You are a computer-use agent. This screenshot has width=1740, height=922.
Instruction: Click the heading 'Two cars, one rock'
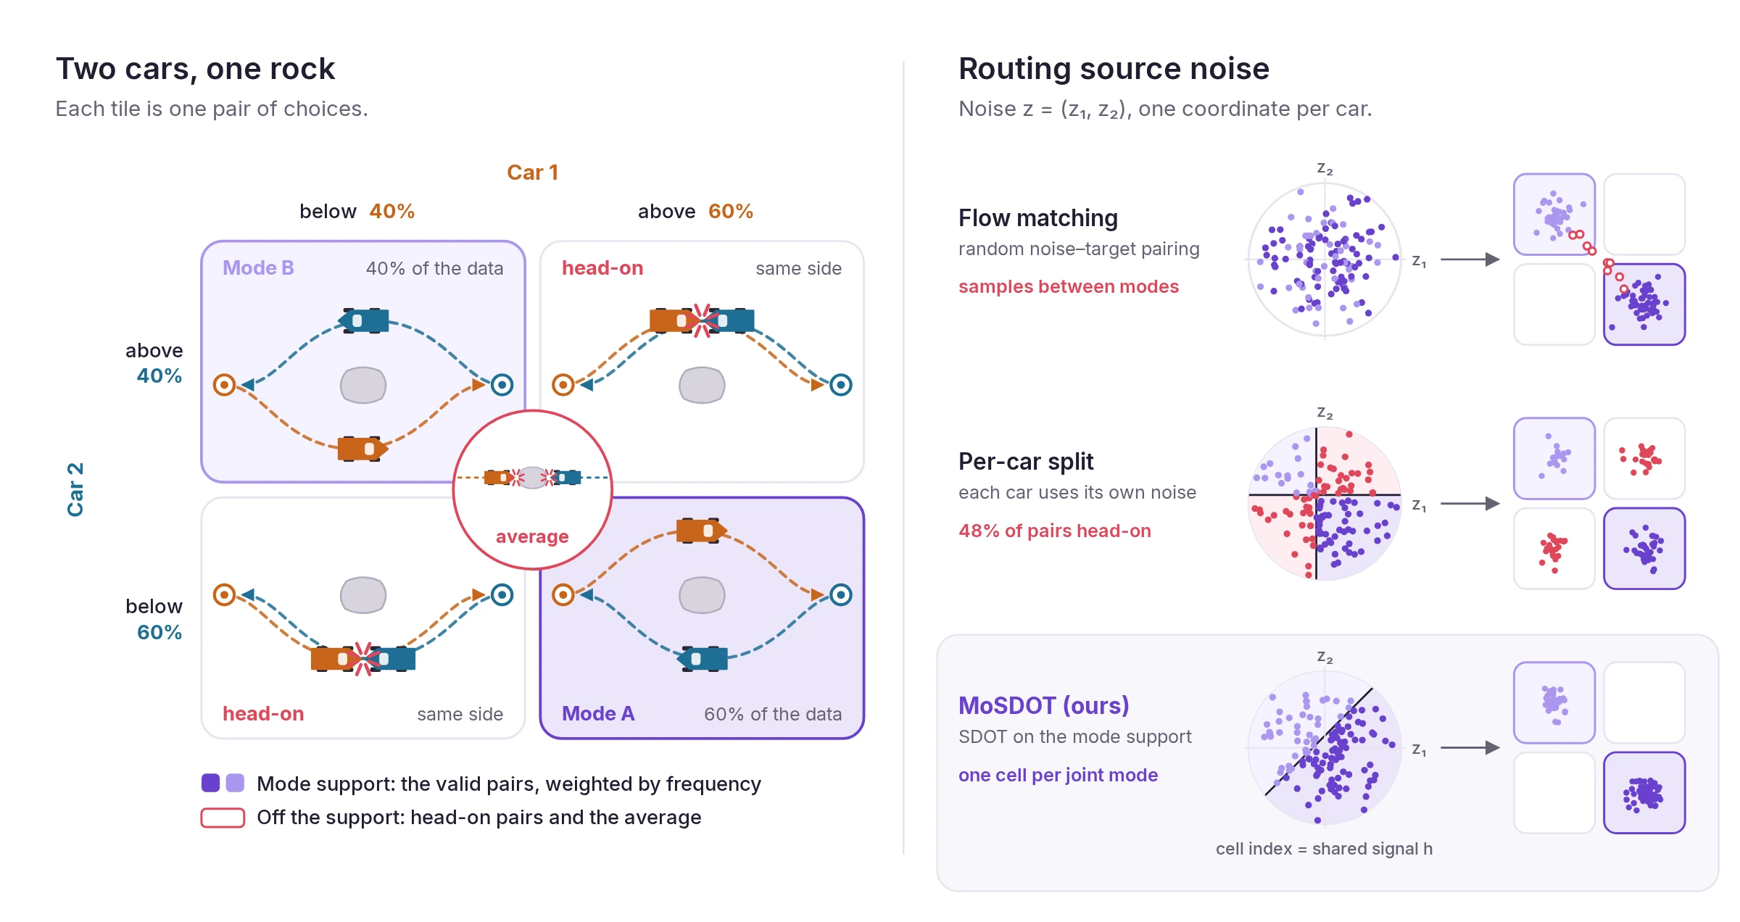click(x=195, y=69)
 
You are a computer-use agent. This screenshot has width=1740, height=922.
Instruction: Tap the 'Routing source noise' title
click(x=1114, y=69)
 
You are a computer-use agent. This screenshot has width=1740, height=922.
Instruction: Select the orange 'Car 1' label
click(x=532, y=173)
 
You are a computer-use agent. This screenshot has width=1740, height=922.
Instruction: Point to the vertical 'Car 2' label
click(x=75, y=489)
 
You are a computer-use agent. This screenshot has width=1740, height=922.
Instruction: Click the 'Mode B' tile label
click(x=258, y=268)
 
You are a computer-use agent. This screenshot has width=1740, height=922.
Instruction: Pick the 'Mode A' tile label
click(x=598, y=714)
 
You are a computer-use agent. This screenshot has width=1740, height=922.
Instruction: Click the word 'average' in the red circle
click(x=532, y=536)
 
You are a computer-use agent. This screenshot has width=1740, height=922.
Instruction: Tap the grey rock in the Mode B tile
click(x=363, y=385)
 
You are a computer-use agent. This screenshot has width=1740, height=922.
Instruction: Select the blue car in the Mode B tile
click(x=364, y=320)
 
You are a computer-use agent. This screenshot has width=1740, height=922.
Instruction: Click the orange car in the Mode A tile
click(x=701, y=531)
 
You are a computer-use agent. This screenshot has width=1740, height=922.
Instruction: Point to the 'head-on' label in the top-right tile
click(x=602, y=268)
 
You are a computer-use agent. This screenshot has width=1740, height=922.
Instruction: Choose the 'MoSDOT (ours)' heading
click(x=1043, y=705)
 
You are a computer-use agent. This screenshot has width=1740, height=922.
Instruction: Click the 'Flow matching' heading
click(x=1037, y=218)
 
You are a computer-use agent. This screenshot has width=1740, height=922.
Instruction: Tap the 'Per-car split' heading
click(x=1026, y=462)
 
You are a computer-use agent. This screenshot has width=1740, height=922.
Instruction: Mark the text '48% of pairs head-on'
click(x=1054, y=531)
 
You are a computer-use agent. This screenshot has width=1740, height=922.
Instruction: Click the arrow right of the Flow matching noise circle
click(x=1470, y=259)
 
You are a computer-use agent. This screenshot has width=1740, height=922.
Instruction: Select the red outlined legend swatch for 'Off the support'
click(x=223, y=818)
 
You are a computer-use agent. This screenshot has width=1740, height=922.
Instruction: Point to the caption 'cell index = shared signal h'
click(x=1324, y=849)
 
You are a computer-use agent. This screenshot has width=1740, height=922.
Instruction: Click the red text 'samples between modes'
click(x=1069, y=287)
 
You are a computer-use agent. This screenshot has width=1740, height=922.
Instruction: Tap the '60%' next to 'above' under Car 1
click(x=730, y=212)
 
